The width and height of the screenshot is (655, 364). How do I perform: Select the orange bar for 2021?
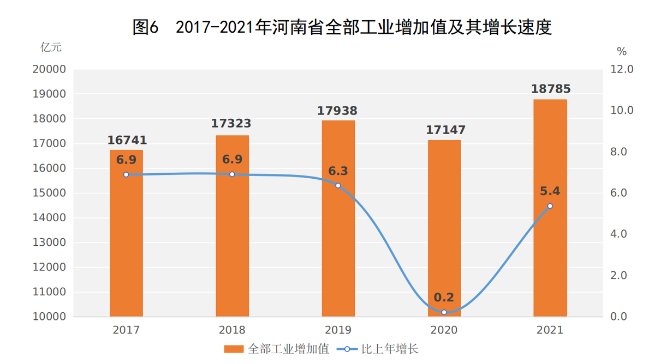click(550, 218)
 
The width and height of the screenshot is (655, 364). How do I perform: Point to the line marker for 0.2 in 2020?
click(444, 312)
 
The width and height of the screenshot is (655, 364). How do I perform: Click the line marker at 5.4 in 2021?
click(550, 206)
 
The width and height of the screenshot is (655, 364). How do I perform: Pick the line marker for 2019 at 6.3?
click(338, 185)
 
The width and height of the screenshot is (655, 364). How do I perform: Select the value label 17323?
click(231, 124)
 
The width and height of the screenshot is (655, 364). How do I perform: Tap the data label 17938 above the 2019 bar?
click(337, 111)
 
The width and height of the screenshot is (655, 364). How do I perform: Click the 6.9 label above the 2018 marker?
click(232, 160)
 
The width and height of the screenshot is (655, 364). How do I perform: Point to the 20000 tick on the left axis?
click(49, 70)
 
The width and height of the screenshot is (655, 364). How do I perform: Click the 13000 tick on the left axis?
click(49, 242)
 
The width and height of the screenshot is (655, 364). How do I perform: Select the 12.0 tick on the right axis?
click(622, 70)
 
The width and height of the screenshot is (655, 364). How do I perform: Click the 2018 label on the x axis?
click(232, 330)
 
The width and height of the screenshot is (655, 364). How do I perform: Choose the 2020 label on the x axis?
click(444, 330)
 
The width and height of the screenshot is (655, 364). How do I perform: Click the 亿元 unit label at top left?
click(51, 47)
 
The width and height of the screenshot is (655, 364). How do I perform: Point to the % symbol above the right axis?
click(622, 52)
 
